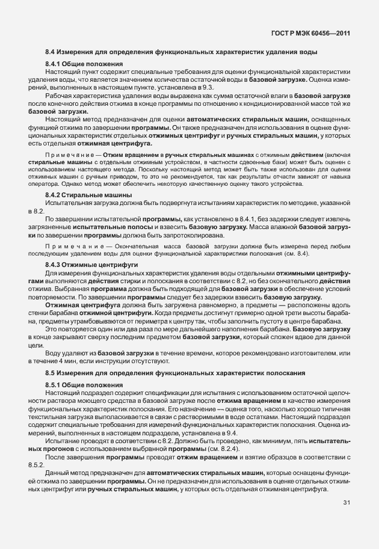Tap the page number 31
coord(347,519)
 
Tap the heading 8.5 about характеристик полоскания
coord(173,373)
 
